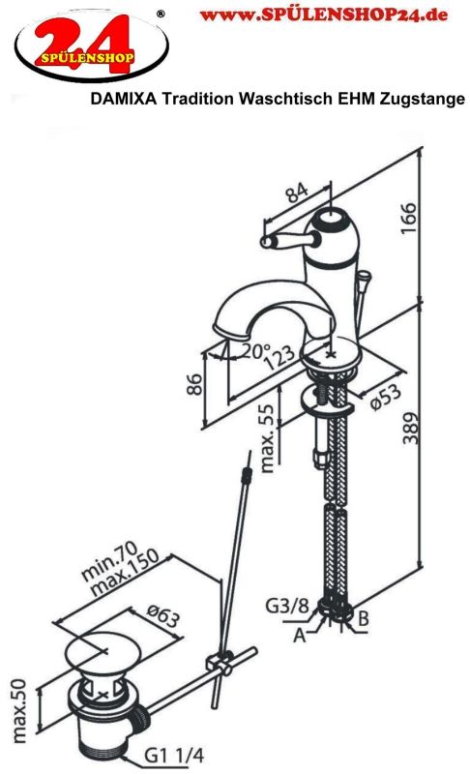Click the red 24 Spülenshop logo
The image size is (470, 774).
pyautogui.click(x=92, y=45)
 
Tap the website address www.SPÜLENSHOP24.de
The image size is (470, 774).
pyautogui.click(x=324, y=15)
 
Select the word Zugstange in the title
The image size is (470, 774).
pyautogui.click(x=423, y=100)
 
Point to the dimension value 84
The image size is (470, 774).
pyautogui.click(x=298, y=193)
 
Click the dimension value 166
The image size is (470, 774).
pyautogui.click(x=408, y=219)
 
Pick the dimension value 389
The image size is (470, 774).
pyautogui.click(x=410, y=428)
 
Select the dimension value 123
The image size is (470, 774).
pyautogui.click(x=280, y=358)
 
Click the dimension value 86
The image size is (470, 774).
pyautogui.click(x=194, y=384)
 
